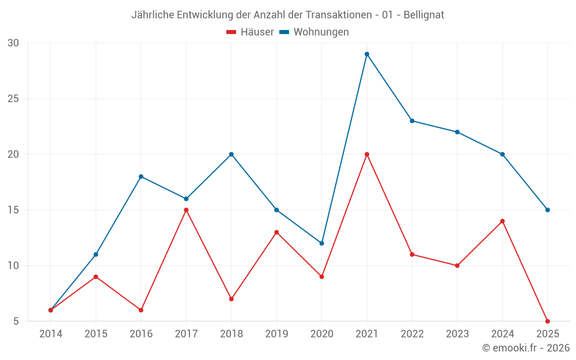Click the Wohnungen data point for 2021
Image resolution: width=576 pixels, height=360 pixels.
tap(367, 54)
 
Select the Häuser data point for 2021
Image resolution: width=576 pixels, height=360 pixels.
tap(367, 154)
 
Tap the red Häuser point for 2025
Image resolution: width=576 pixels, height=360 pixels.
tap(547, 321)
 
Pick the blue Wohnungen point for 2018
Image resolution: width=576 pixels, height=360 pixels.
tap(232, 154)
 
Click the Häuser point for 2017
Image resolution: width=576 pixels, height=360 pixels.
tap(186, 210)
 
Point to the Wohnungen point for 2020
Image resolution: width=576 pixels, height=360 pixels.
tap(321, 243)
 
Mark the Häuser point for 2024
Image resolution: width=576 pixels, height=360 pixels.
tap(502, 221)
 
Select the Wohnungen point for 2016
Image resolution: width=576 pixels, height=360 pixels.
tap(141, 177)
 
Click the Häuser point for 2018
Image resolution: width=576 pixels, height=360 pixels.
tap(232, 299)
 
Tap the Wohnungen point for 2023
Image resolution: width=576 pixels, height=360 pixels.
tap(457, 132)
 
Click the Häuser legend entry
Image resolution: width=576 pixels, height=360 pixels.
tap(250, 32)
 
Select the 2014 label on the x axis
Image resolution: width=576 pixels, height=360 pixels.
tap(51, 334)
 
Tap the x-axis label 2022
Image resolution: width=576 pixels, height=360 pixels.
tap(412, 334)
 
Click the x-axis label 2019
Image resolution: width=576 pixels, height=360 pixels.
tap(276, 334)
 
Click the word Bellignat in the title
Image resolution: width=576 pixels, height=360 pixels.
tap(423, 15)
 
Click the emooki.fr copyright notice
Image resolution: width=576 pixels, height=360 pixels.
tap(526, 348)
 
